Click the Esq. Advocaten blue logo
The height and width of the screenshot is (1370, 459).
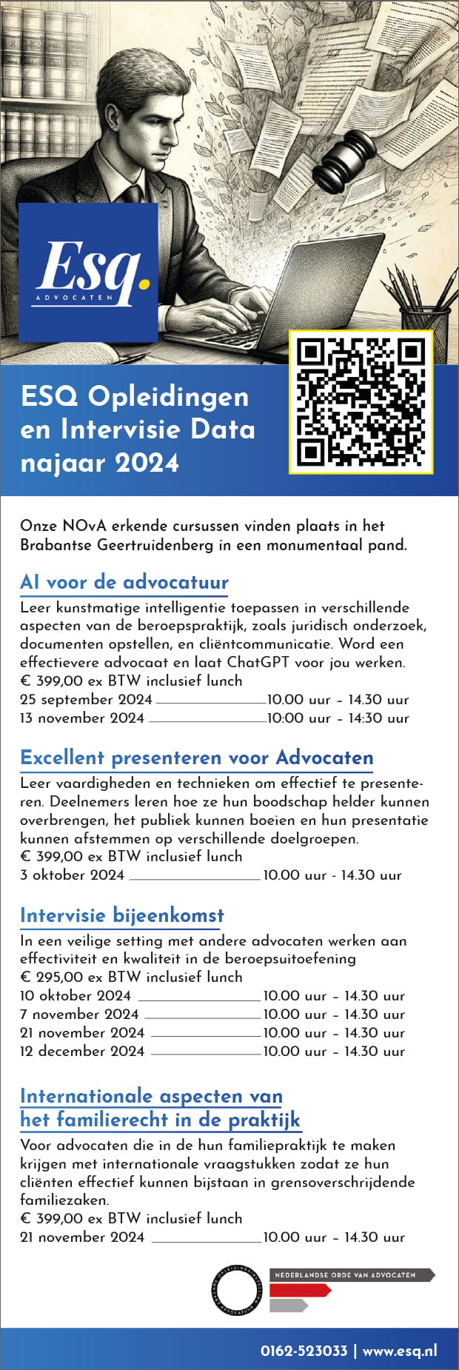pyautogui.click(x=88, y=272)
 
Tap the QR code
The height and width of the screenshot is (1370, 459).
pyautogui.click(x=361, y=401)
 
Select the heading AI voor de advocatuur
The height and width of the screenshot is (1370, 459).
pyautogui.click(x=124, y=582)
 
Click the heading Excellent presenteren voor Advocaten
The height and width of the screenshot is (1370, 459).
pyautogui.click(x=197, y=758)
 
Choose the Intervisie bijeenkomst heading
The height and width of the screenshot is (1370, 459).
pyautogui.click(x=122, y=915)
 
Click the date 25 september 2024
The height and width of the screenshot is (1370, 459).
pyautogui.click(x=86, y=699)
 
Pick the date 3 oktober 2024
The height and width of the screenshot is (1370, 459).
pyautogui.click(x=73, y=875)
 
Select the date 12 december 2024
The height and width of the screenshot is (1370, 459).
pyautogui.click(x=82, y=1051)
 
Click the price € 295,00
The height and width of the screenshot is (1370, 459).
pyautogui.click(x=51, y=977)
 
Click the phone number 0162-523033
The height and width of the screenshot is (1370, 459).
pyautogui.click(x=304, y=1351)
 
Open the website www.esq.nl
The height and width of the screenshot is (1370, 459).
pyautogui.click(x=400, y=1351)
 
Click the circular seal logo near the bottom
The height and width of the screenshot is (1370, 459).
pyautogui.click(x=237, y=1289)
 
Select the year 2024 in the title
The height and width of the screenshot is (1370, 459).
pyautogui.click(x=147, y=463)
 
